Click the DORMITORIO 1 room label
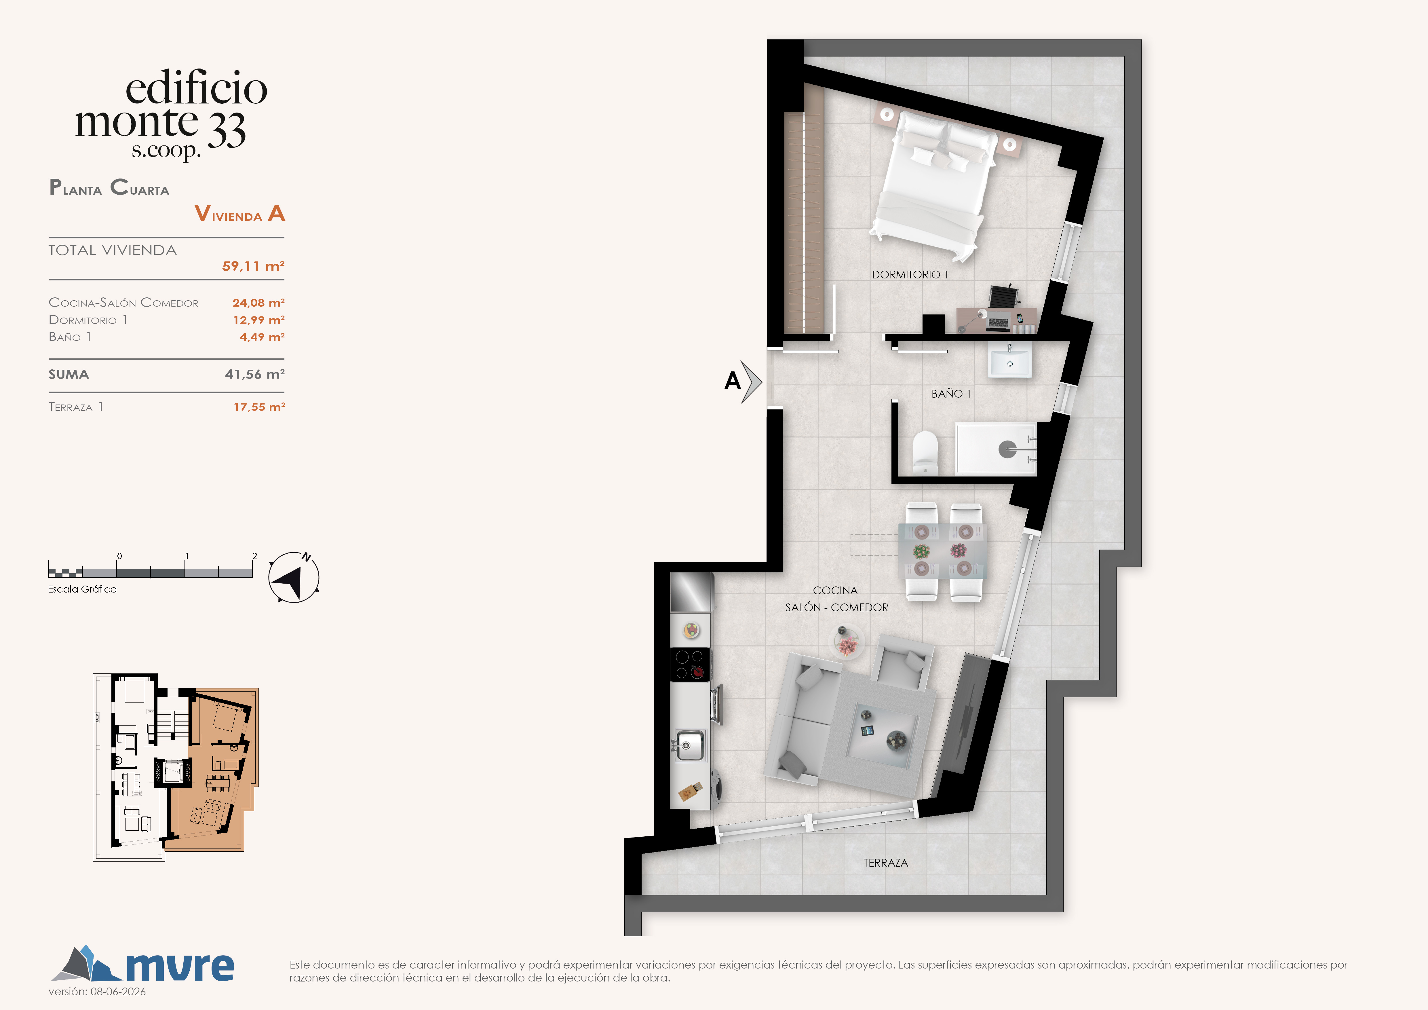910,274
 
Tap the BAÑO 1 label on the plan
951,394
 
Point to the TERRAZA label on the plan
886,863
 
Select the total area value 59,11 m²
253,266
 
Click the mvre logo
142,964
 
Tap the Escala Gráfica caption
82,589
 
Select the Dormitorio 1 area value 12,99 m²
259,320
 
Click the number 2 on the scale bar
254,556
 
